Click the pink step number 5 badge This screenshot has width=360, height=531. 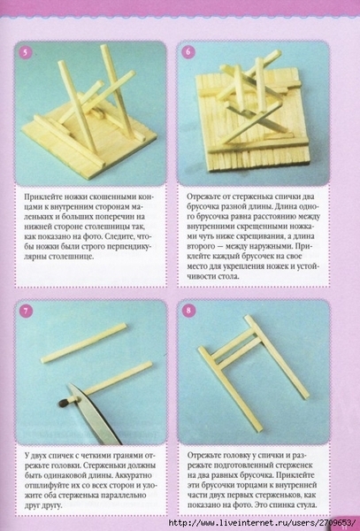point(25,52)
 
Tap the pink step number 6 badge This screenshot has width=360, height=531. point(188,52)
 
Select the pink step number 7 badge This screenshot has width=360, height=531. point(26,311)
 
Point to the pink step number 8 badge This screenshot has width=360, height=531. point(188,311)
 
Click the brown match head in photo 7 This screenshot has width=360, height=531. point(64,403)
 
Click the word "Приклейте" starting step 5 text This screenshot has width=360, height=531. point(41,197)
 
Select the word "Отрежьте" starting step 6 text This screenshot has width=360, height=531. point(202,196)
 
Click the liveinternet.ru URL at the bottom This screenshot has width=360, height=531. point(261,523)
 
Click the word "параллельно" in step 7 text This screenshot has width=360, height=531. point(126,495)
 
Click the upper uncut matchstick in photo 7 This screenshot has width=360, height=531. point(83,343)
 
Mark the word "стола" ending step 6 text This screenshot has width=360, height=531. point(229,276)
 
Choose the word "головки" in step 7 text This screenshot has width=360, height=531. point(68,466)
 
